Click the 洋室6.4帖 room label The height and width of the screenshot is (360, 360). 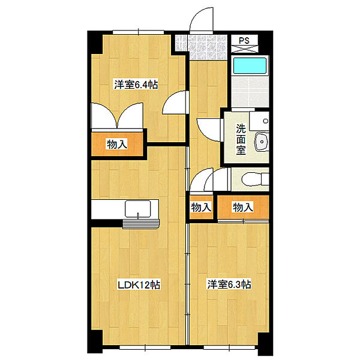(x=136, y=85)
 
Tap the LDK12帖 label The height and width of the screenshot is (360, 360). (x=139, y=284)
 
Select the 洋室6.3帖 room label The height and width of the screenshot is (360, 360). (x=229, y=284)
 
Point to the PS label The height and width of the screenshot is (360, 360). (x=244, y=40)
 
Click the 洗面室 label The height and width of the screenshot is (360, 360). (x=241, y=139)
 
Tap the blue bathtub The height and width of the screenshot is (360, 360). (x=250, y=65)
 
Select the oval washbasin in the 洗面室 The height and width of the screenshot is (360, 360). (x=261, y=142)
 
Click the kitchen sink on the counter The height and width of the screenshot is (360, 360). (x=138, y=208)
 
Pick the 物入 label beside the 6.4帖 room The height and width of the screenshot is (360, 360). (x=117, y=145)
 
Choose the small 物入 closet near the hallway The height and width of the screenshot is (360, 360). (x=201, y=207)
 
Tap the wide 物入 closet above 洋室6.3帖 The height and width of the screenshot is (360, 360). (x=243, y=207)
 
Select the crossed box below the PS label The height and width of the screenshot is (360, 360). (x=244, y=49)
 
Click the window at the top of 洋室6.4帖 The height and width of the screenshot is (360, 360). (x=138, y=32)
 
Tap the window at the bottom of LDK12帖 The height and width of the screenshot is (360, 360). (x=145, y=347)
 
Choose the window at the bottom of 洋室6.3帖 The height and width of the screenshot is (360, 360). (x=229, y=347)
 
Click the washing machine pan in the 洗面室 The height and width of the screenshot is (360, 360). (x=259, y=121)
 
